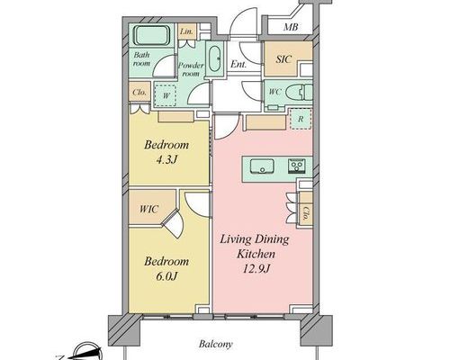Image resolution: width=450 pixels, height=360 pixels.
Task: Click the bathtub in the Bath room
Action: tap(151, 36)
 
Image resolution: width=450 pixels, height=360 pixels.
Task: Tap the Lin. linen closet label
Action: tap(186, 31)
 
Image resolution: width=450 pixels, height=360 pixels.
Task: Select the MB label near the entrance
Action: tap(291, 27)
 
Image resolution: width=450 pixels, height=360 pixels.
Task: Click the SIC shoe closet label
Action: tap(283, 59)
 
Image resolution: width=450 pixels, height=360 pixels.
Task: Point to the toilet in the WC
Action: tap(299, 92)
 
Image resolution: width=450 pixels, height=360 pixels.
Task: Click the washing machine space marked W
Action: tap(165, 95)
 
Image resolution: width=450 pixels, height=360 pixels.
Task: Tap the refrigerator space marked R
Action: tap(301, 119)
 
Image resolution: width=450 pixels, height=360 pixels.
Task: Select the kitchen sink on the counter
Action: tap(262, 166)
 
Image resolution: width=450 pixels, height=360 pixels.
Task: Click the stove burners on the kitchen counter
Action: tap(297, 166)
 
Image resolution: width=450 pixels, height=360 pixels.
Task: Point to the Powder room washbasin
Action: tap(214, 58)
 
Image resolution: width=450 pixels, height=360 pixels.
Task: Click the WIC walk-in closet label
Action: tap(148, 209)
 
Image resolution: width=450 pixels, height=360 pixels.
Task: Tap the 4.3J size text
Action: tap(166, 160)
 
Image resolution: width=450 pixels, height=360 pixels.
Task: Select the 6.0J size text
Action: tap(166, 276)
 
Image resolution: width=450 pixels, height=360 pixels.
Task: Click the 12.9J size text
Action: tap(256, 269)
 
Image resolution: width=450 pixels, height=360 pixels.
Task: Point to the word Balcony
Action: tap(216, 344)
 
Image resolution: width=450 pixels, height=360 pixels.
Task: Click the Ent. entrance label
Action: tap(238, 64)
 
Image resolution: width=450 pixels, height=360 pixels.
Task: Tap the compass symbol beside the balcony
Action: tap(87, 353)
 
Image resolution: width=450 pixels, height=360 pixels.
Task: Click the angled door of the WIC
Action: tap(173, 224)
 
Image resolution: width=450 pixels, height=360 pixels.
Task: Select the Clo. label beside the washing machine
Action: tap(139, 92)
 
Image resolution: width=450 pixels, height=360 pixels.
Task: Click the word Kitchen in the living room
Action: tap(256, 254)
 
